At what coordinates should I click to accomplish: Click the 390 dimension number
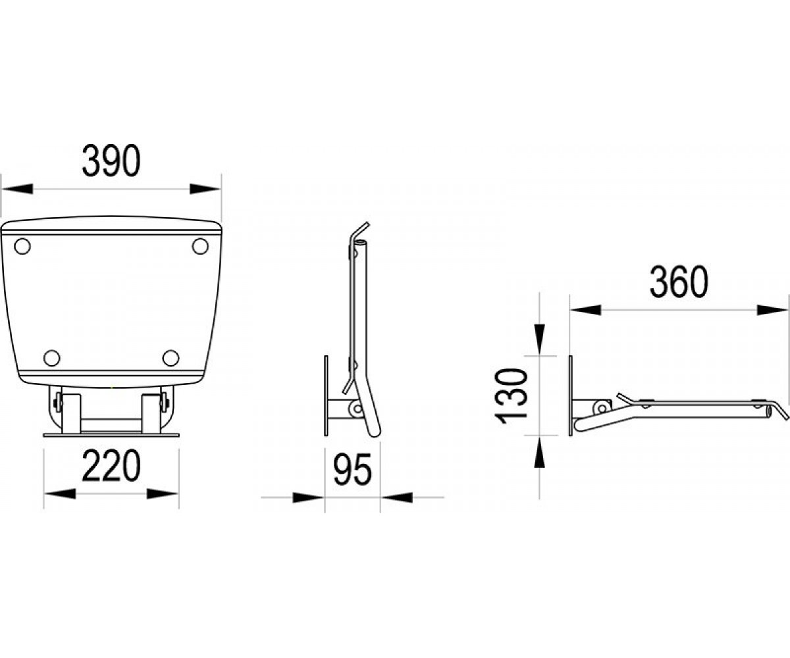click(111, 161)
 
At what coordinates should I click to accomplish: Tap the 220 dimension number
click(111, 465)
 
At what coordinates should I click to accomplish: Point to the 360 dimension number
click(678, 282)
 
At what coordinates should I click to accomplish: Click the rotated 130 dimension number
click(511, 395)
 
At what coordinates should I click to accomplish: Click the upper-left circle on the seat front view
click(22, 247)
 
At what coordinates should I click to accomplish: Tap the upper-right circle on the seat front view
click(200, 247)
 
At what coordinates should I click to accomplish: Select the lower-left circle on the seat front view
click(52, 358)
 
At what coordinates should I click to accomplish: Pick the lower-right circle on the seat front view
click(171, 358)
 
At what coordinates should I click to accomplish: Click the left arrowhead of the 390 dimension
click(17, 189)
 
